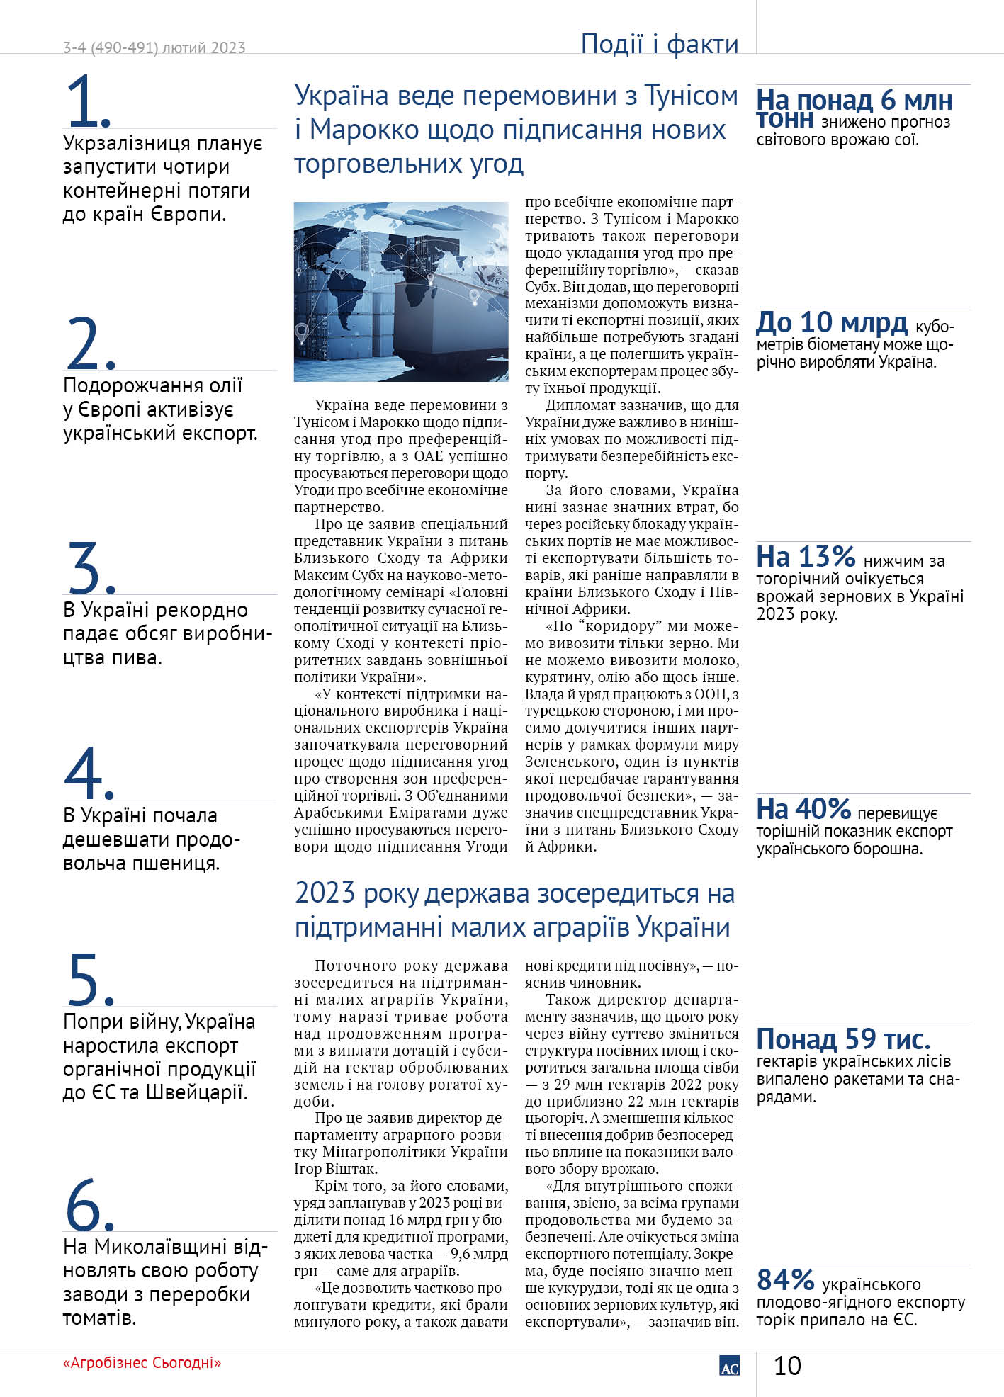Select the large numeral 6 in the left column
pyautogui.click(x=84, y=1204)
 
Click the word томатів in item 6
pyautogui.click(x=98, y=1318)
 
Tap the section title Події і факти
pyautogui.click(x=659, y=44)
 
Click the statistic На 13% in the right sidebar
pyautogui.click(x=806, y=557)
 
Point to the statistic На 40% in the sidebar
pyautogui.click(x=803, y=808)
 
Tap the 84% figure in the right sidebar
pyautogui.click(x=785, y=1280)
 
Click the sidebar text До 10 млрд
pyautogui.click(x=832, y=323)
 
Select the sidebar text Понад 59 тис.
pyautogui.click(x=843, y=1039)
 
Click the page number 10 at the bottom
pyautogui.click(x=787, y=1366)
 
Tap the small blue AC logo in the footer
pyautogui.click(x=729, y=1367)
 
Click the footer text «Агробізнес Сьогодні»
pyautogui.click(x=142, y=1362)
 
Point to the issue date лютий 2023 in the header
pyautogui.click(x=203, y=48)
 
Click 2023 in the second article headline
pyautogui.click(x=325, y=893)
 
